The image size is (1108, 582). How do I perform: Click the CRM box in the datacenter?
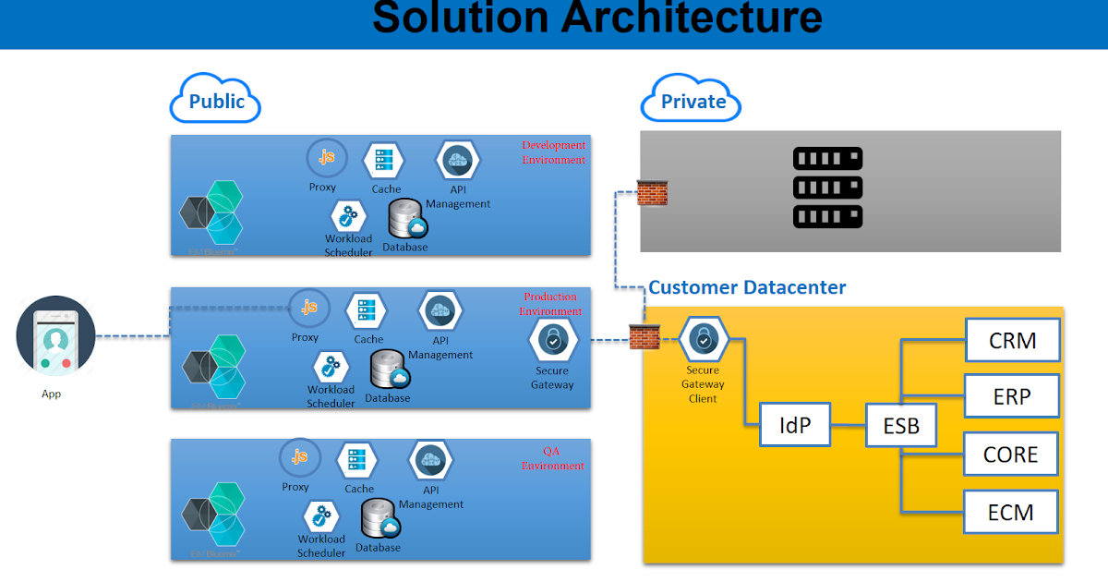tap(1012, 340)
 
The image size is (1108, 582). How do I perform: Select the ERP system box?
tap(1012, 397)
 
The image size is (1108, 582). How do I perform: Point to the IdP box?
tap(794, 426)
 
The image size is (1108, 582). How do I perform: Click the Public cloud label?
tap(216, 101)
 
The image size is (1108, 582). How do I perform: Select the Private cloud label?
tap(692, 101)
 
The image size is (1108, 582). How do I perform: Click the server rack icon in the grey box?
tap(827, 188)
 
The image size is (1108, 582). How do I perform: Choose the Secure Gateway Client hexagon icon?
tap(704, 340)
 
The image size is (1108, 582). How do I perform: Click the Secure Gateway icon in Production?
tap(553, 340)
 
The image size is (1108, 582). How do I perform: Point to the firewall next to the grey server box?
tap(652, 192)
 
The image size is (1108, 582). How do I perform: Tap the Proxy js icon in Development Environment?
tap(326, 157)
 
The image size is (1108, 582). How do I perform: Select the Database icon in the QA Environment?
tap(379, 519)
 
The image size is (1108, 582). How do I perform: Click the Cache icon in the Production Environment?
tap(367, 310)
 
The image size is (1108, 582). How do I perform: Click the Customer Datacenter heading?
tap(747, 287)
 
